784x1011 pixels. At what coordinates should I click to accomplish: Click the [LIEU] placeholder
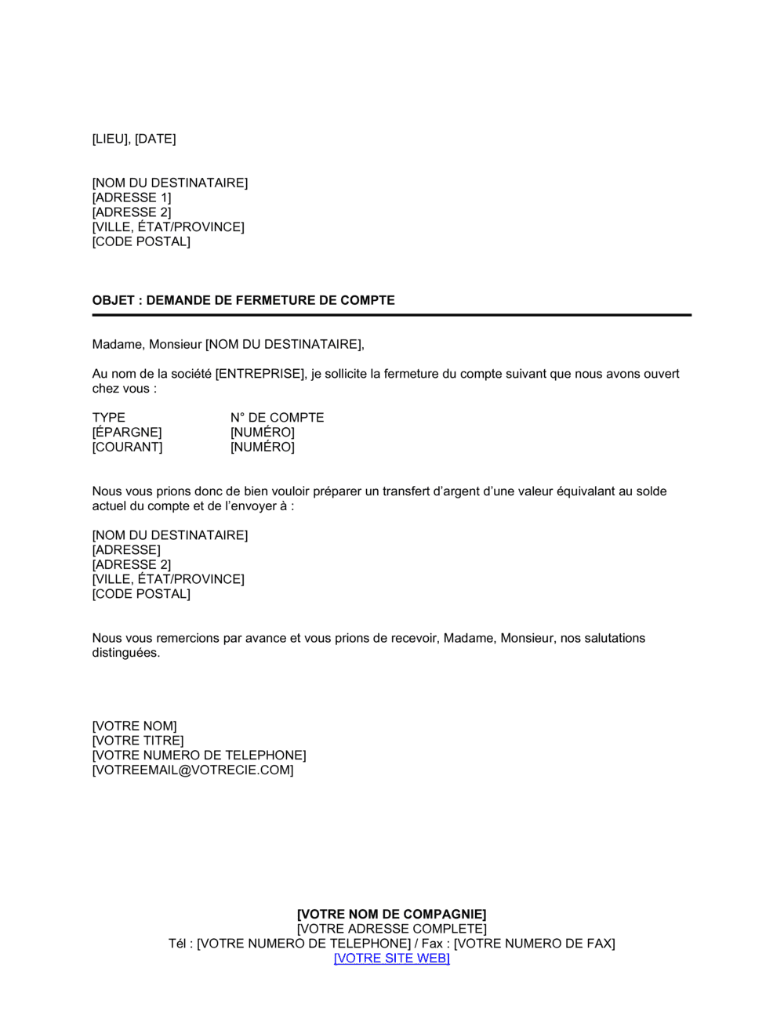(x=111, y=139)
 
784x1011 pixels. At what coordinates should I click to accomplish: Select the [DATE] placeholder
(x=155, y=139)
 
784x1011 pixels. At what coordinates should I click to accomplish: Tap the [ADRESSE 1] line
(x=131, y=197)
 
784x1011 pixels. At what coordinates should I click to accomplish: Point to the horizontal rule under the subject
(x=391, y=315)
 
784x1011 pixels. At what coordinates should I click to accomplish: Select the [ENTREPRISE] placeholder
(x=260, y=374)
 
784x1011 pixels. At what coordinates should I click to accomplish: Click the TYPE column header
(x=108, y=418)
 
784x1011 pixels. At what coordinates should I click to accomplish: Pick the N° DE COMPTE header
(x=277, y=418)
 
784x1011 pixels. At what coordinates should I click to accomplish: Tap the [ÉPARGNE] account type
(x=127, y=433)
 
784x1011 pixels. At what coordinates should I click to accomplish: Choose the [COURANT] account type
(x=127, y=448)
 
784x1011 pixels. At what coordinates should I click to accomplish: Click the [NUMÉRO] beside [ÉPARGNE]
(x=262, y=433)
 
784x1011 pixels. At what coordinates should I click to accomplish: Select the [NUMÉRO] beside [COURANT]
(x=262, y=448)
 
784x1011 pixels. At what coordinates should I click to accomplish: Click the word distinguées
(x=125, y=653)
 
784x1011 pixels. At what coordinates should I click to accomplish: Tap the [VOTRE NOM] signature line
(x=134, y=727)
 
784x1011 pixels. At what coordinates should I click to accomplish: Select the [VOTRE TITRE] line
(x=137, y=741)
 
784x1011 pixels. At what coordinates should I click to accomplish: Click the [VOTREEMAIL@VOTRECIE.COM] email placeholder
(x=193, y=770)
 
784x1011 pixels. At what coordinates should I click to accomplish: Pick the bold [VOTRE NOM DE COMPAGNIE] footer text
(x=391, y=915)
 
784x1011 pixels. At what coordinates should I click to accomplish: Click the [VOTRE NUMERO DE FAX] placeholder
(x=535, y=944)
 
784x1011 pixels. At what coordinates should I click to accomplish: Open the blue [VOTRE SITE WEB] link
(x=391, y=958)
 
